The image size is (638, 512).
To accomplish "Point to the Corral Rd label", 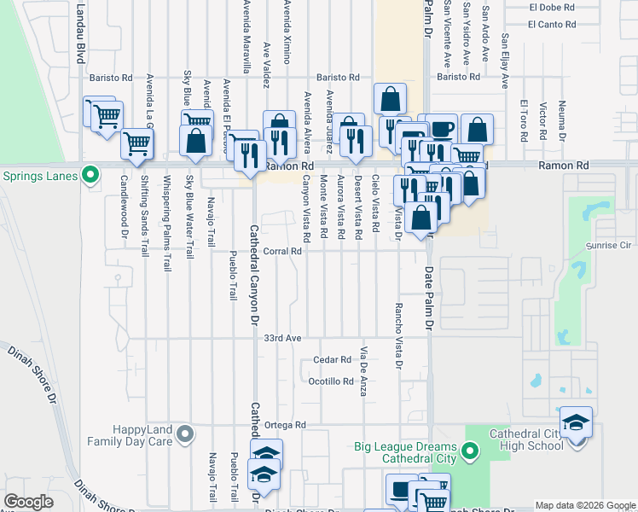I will (x=283, y=252).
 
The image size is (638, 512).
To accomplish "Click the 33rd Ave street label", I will (x=283, y=339).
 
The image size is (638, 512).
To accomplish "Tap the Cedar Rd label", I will (x=333, y=360).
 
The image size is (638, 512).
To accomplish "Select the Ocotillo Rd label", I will (x=331, y=381).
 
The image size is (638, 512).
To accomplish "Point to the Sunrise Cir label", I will (x=606, y=245).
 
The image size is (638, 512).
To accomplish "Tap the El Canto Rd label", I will (x=551, y=24).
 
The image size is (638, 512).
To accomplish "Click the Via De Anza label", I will (x=363, y=371).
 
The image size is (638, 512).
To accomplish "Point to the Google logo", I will (x=28, y=502).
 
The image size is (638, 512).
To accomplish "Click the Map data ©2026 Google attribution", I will (x=584, y=505).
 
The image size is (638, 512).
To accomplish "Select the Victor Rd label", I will (x=542, y=122).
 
